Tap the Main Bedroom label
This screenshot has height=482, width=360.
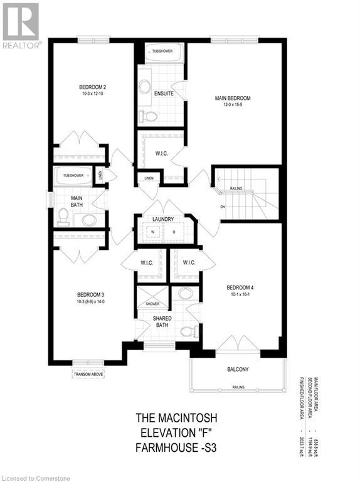point(232,99)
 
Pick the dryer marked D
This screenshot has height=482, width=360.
point(174,232)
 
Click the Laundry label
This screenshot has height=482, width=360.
point(162,219)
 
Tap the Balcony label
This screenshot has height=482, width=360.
point(238,370)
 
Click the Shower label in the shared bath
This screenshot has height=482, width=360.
point(152,304)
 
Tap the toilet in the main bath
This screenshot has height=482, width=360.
point(63,217)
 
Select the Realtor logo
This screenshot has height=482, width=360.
point(21,25)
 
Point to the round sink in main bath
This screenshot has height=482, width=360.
point(89,220)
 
